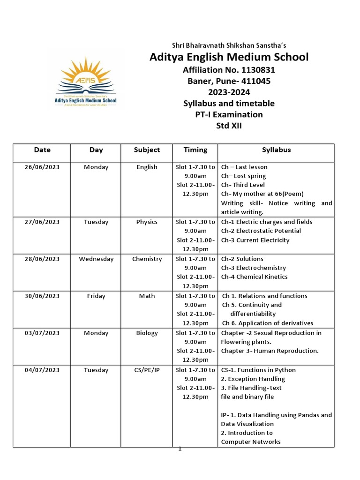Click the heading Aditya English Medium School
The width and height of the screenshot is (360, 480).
click(229, 57)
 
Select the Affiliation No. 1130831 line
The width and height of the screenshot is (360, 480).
click(229, 70)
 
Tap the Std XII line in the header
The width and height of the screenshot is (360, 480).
click(229, 126)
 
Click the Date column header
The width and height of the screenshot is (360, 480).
click(42, 150)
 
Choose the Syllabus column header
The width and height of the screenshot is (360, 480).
click(276, 150)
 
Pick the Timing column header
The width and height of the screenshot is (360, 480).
click(195, 150)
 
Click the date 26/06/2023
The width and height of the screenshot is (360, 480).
click(42, 167)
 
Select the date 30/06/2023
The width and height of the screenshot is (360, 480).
click(42, 296)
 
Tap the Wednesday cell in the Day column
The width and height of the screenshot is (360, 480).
click(96, 259)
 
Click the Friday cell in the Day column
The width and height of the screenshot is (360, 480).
click(96, 296)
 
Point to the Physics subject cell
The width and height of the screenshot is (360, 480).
click(147, 222)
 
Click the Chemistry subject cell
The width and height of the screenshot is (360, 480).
click(147, 259)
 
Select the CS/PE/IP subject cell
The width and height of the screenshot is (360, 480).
click(147, 370)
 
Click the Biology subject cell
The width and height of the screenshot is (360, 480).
click(147, 333)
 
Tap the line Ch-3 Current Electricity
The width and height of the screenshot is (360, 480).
click(255, 240)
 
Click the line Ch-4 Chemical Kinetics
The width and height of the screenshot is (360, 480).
click(255, 277)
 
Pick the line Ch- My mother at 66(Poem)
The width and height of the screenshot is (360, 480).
click(262, 194)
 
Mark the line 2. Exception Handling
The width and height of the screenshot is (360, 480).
click(253, 379)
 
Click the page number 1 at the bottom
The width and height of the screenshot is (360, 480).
click(180, 449)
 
